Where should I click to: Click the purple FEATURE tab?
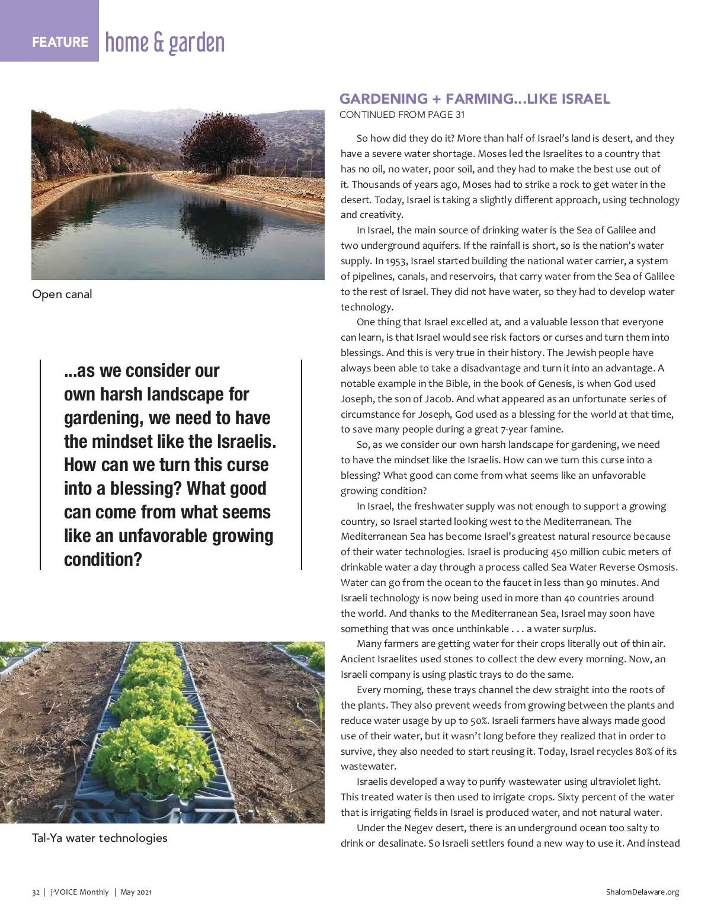click(60, 42)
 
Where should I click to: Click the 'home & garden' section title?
click(165, 43)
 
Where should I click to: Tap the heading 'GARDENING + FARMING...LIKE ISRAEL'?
click(475, 99)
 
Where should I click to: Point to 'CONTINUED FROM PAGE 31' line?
click(402, 114)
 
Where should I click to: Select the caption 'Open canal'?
click(62, 294)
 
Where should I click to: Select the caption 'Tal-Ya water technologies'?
click(100, 838)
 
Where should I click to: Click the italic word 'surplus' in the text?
click(578, 629)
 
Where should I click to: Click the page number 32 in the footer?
click(36, 892)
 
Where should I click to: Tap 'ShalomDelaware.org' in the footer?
click(642, 892)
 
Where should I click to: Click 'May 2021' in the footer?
click(136, 892)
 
